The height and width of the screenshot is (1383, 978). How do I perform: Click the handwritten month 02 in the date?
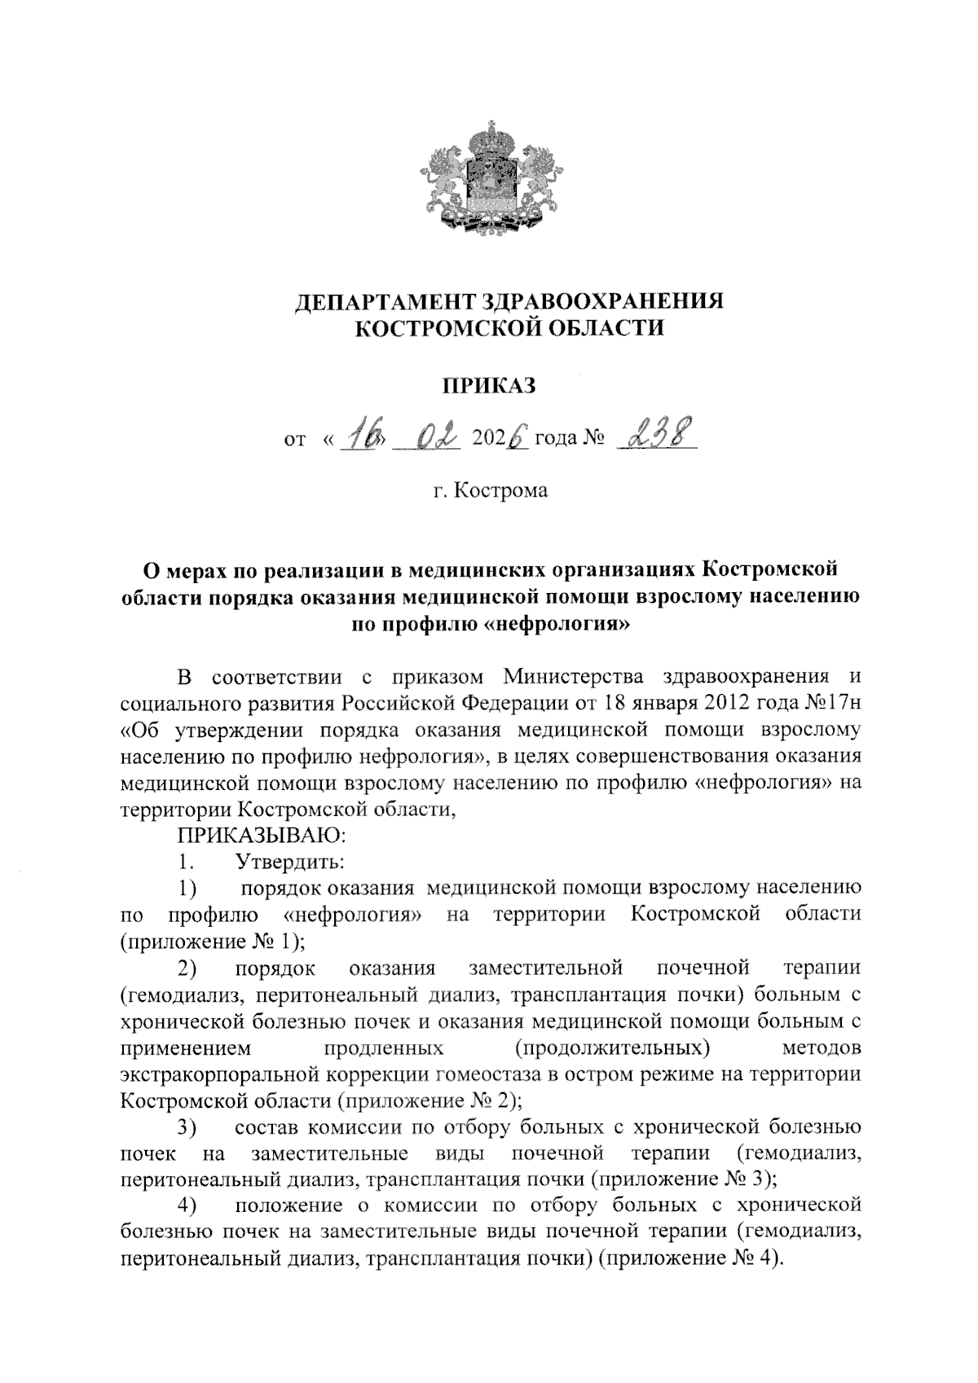[433, 437]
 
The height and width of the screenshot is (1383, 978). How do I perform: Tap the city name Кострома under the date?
[501, 490]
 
